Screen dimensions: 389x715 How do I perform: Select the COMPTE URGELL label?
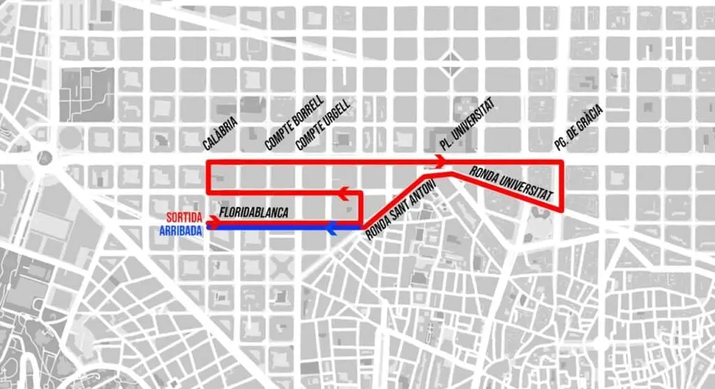pyautogui.click(x=323, y=125)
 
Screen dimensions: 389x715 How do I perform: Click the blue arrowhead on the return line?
pyautogui.click(x=332, y=227)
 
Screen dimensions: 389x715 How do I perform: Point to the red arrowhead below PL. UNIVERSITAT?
pyautogui.click(x=440, y=162)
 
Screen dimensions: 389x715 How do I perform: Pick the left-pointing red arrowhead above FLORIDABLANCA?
pyautogui.click(x=343, y=192)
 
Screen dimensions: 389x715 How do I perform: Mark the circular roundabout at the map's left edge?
pyautogui.click(x=45, y=157)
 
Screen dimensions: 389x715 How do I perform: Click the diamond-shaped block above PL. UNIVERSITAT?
pyautogui.click(x=452, y=64)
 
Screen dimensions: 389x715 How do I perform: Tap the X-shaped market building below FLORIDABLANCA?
pyautogui.click(x=283, y=267)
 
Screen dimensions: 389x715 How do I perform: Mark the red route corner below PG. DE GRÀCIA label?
pyautogui.click(x=561, y=163)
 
